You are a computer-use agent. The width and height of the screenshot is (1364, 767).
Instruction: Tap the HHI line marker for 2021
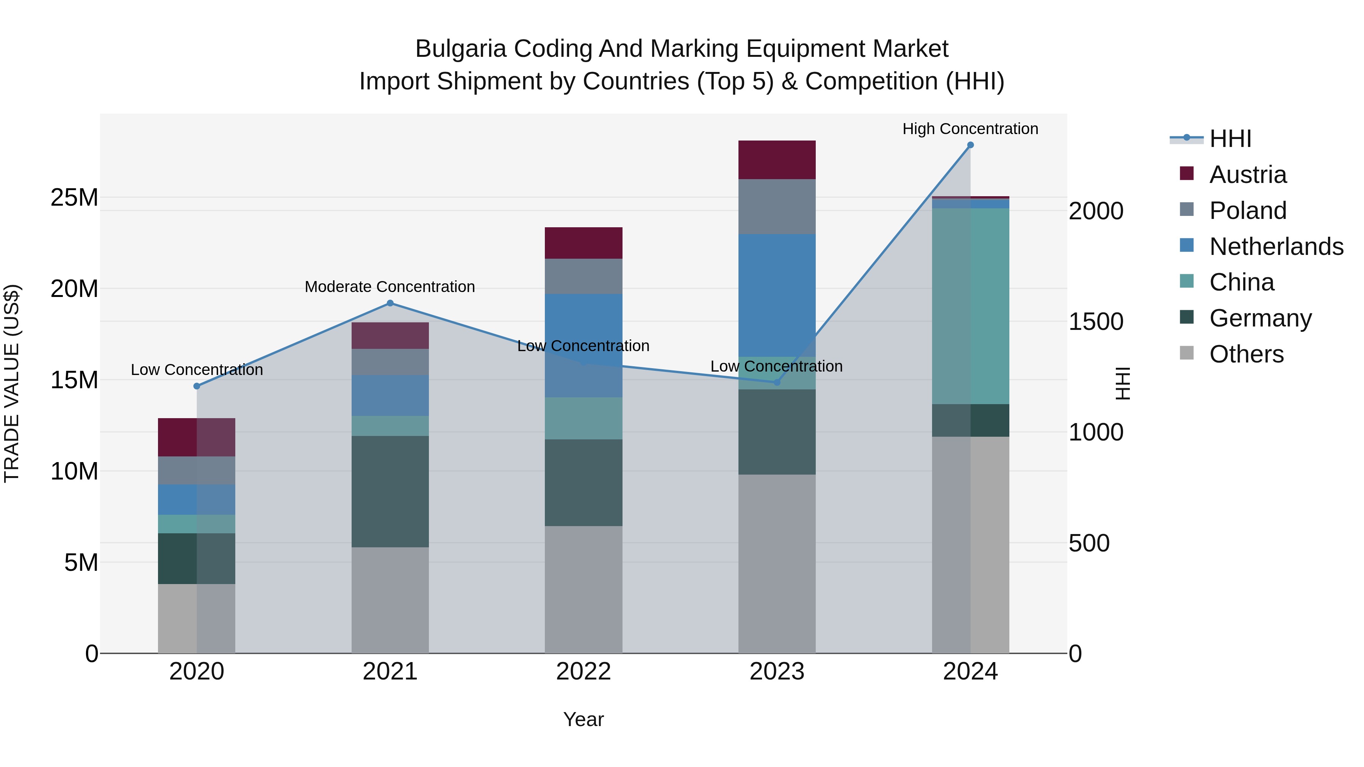tap(390, 303)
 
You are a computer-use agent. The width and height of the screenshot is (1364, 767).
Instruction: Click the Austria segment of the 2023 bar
tap(777, 160)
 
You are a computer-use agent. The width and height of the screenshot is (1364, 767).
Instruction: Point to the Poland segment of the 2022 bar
tap(583, 276)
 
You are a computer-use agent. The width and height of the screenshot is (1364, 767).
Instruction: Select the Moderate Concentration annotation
tap(390, 286)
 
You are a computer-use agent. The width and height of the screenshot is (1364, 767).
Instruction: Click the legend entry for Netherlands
tap(1276, 247)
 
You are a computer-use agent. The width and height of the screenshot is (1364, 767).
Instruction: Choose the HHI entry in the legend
tap(1230, 139)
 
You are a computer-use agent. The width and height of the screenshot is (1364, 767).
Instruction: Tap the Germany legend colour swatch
tap(1187, 318)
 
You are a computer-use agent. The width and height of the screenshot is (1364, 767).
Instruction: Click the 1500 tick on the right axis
tap(1095, 322)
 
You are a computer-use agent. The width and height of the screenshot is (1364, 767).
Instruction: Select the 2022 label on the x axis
tap(583, 672)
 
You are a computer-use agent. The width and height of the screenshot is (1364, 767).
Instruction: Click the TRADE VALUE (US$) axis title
tap(12, 383)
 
